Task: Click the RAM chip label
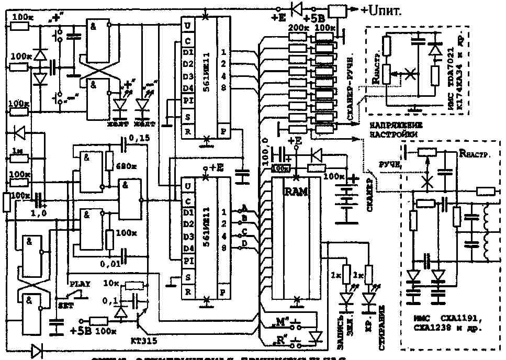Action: tap(292, 192)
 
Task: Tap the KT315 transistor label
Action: tap(142, 340)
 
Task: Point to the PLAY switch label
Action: tap(80, 284)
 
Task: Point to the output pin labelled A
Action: tap(245, 207)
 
